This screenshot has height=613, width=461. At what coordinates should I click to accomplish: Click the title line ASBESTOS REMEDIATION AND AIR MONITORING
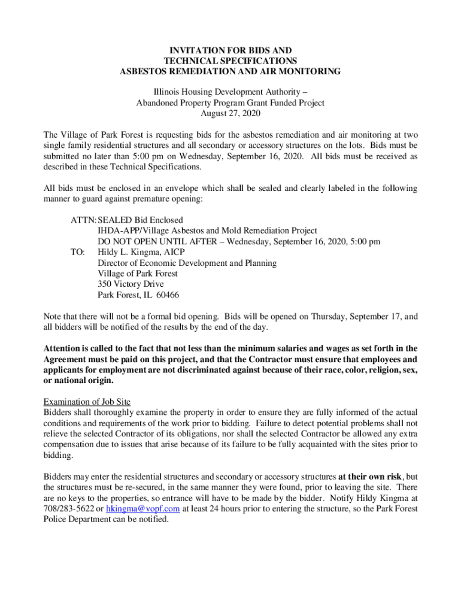(230, 72)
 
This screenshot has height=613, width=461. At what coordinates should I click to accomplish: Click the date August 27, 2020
(230, 114)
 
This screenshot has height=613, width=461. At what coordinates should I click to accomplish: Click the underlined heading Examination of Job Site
(87, 401)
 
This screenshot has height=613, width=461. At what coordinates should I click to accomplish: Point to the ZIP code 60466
(168, 295)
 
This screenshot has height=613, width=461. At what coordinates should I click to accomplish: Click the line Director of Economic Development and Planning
(187, 263)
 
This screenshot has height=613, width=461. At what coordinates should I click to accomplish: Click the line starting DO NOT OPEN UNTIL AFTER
(239, 241)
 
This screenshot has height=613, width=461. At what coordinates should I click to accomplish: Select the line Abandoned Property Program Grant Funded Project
(230, 103)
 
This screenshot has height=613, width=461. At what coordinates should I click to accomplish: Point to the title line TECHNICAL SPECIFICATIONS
(230, 61)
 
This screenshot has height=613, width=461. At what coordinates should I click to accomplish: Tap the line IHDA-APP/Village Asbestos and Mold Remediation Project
(208, 230)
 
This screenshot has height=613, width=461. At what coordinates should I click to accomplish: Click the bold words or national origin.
(78, 381)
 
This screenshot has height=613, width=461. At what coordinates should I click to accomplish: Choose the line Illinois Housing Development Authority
(230, 92)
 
